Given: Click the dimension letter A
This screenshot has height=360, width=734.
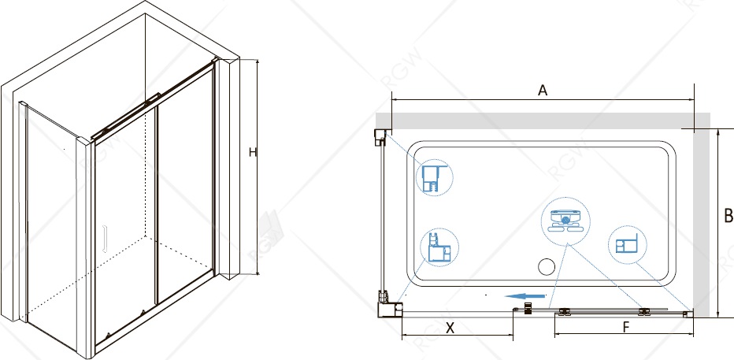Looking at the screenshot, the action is click(542, 91).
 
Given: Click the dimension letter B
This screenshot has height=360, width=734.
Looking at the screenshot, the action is click(728, 217).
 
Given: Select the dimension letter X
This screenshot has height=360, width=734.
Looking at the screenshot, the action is click(450, 328).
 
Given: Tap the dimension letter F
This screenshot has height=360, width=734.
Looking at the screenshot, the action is click(626, 328).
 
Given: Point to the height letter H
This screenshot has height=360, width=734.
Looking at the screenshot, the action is click(253, 152).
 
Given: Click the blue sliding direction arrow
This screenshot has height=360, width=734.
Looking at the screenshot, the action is click(525, 296).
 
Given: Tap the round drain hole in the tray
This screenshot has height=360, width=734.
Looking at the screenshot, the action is click(547, 267).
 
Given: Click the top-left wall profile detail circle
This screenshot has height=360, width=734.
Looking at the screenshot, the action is click(435, 176).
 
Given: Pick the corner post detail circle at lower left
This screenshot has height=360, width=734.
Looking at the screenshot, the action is click(439, 247).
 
